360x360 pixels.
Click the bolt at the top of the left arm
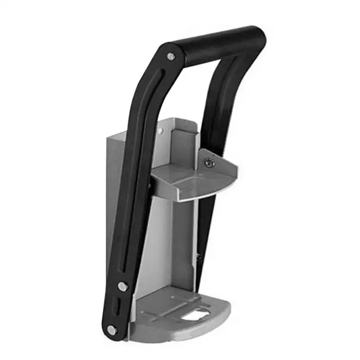pyautogui.click(x=171, y=57)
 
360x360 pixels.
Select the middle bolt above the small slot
pyautogui.click(x=121, y=285)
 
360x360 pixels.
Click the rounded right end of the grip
pyautogui.click(x=258, y=35)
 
